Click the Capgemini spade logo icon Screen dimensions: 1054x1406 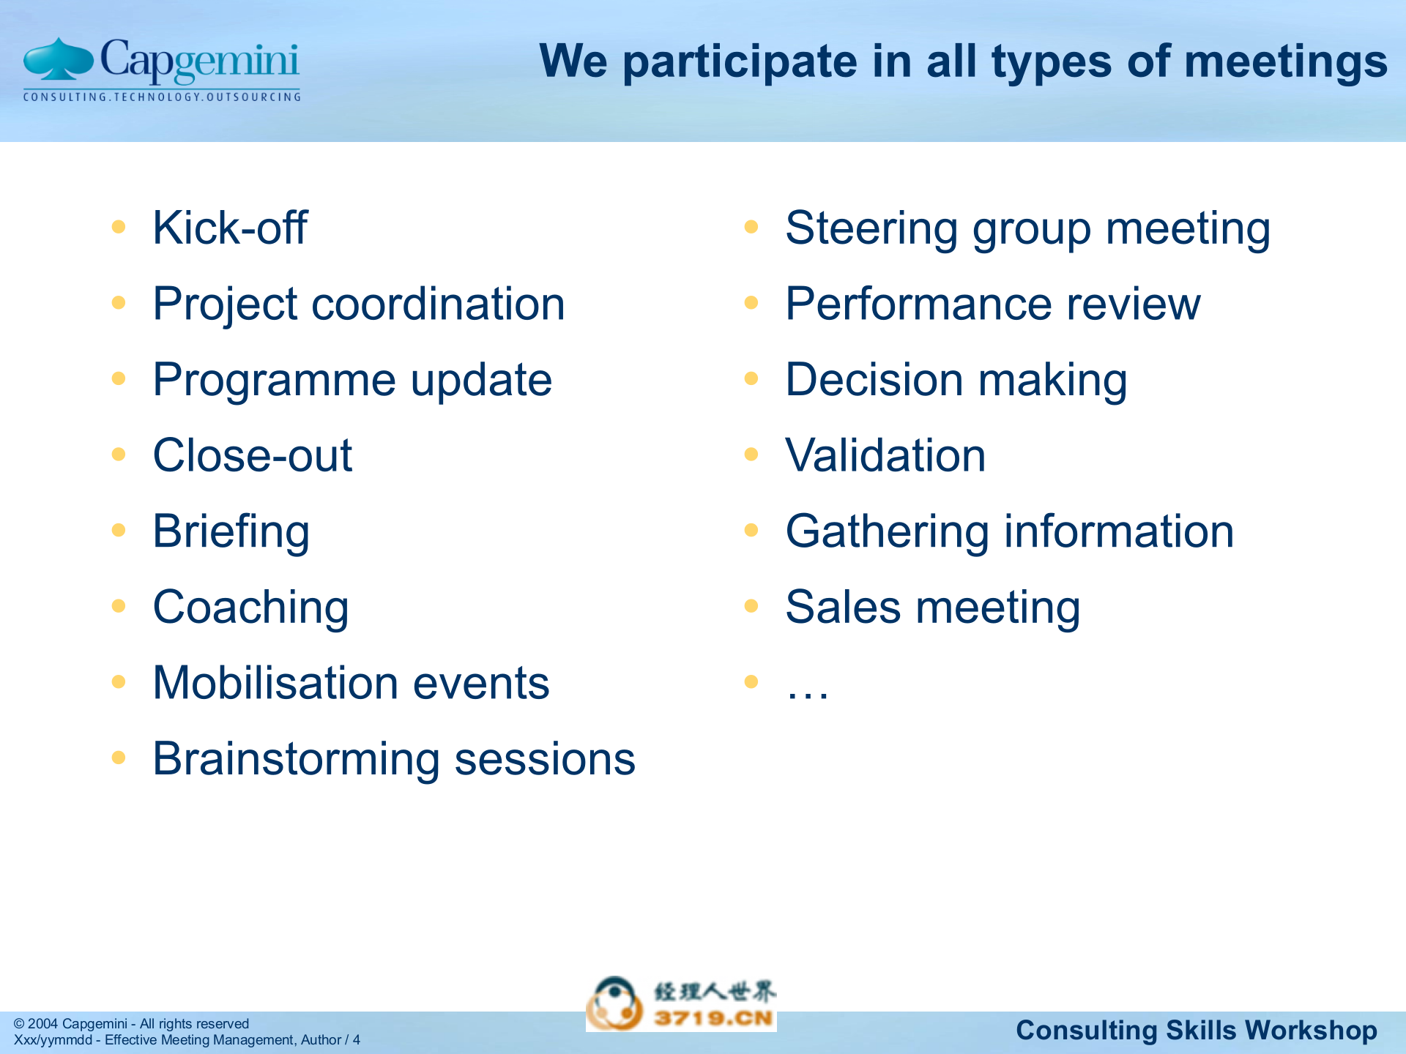[59, 60]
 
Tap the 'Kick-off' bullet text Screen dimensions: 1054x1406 [230, 228]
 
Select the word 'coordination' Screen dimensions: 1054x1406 [438, 304]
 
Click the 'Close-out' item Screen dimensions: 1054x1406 [253, 455]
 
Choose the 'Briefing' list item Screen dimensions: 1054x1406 [231, 531]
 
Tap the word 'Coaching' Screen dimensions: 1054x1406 [250, 608]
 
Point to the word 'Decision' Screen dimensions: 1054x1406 [874, 380]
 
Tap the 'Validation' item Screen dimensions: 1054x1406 [885, 455]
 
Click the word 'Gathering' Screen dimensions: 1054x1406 [887, 531]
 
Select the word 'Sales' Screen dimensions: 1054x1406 [843, 608]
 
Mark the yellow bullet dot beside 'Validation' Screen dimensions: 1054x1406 [751, 455]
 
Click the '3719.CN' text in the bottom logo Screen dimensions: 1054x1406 [713, 1018]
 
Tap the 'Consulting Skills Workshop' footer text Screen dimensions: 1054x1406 [1197, 1031]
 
